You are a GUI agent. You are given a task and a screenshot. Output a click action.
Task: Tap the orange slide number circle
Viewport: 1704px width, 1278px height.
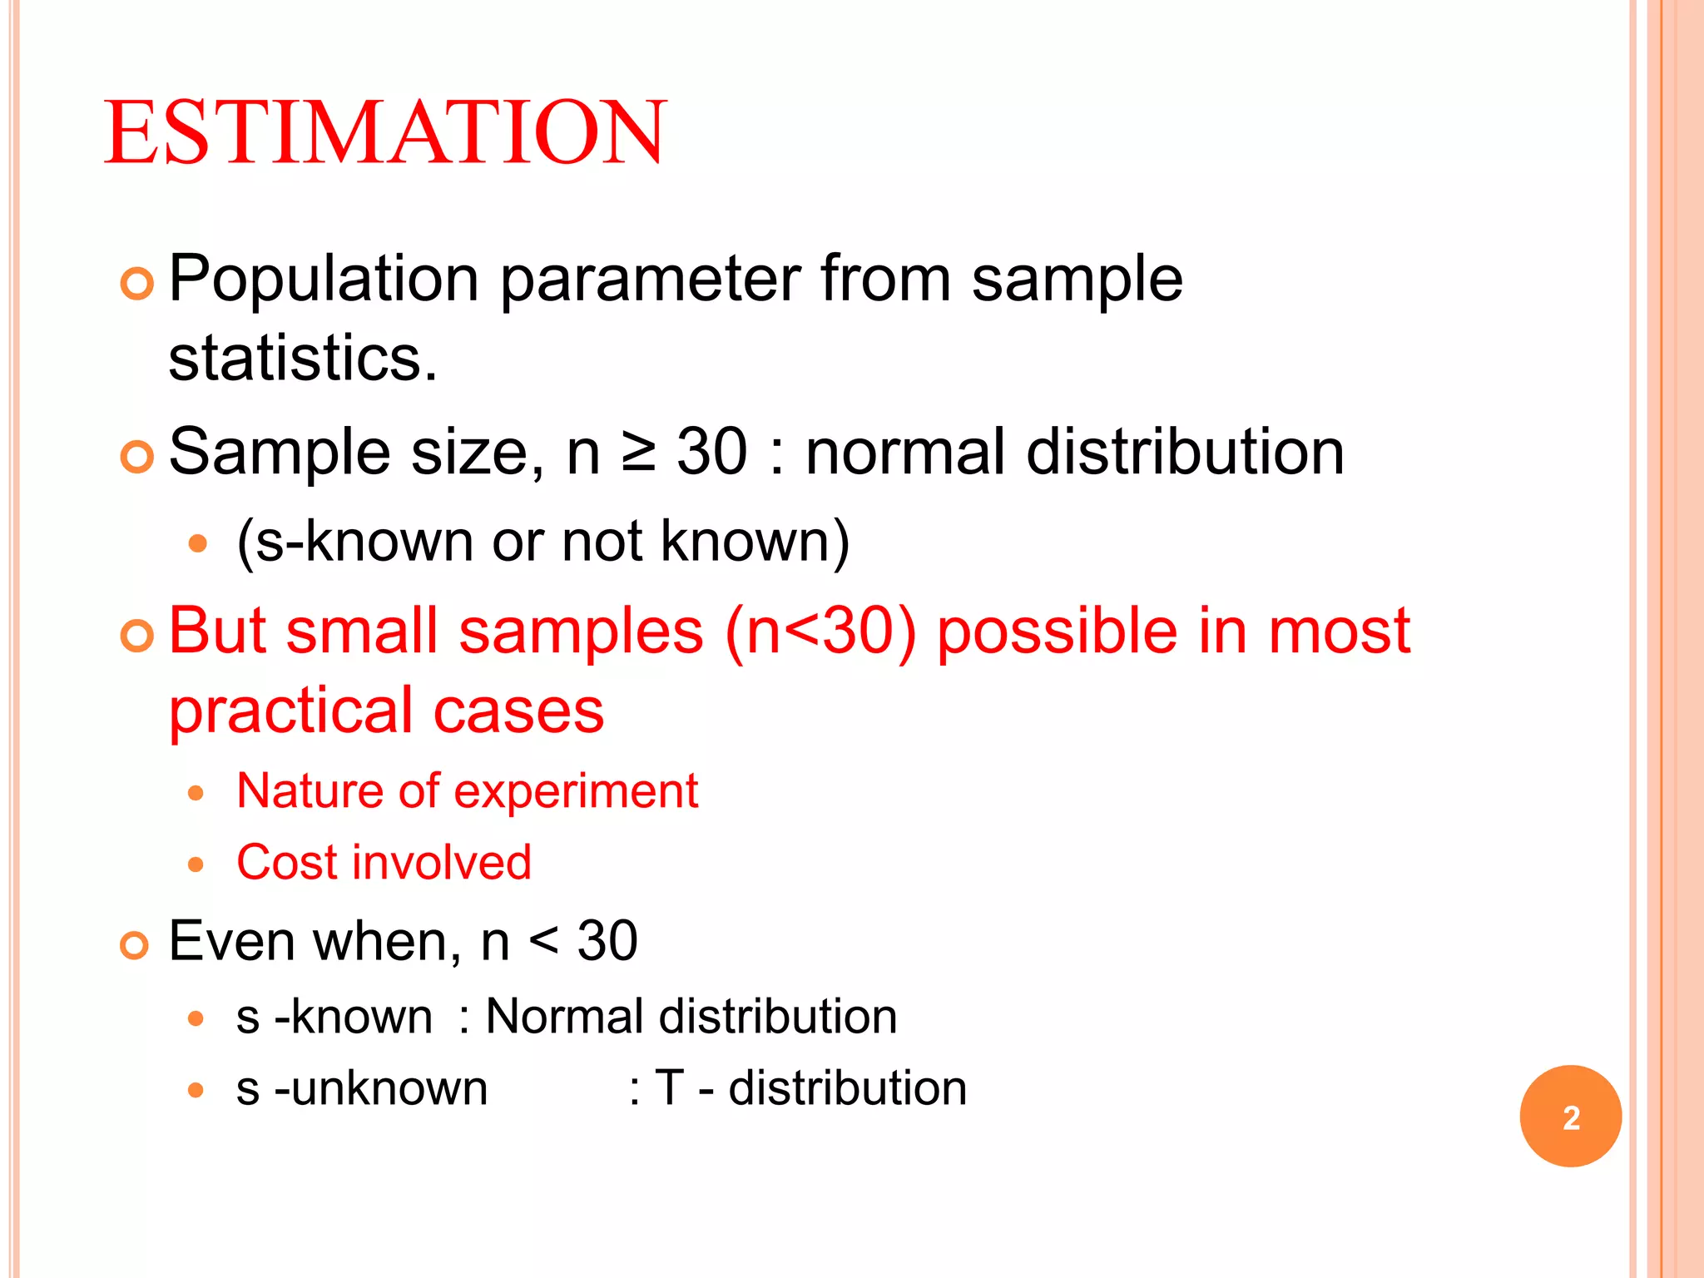click(x=1570, y=1117)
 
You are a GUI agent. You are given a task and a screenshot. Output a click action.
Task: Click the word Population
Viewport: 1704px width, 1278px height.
click(x=324, y=280)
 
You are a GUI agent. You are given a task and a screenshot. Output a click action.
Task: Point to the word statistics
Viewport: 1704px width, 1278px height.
click(x=302, y=359)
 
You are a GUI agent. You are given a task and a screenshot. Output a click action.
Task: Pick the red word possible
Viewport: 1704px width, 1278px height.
click(x=1058, y=631)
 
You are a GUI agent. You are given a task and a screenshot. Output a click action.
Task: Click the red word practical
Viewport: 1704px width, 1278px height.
click(x=290, y=711)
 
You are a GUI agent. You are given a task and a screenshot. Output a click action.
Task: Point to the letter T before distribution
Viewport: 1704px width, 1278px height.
click(x=669, y=1088)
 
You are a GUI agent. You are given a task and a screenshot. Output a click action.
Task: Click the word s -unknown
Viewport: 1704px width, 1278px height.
click(x=362, y=1088)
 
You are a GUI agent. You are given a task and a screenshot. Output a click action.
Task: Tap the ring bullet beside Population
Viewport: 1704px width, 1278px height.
click(x=137, y=285)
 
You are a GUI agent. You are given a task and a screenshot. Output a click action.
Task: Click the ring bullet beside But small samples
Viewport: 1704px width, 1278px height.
click(x=137, y=637)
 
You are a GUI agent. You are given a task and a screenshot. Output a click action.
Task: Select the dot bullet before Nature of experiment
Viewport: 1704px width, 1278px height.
click(x=196, y=793)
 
